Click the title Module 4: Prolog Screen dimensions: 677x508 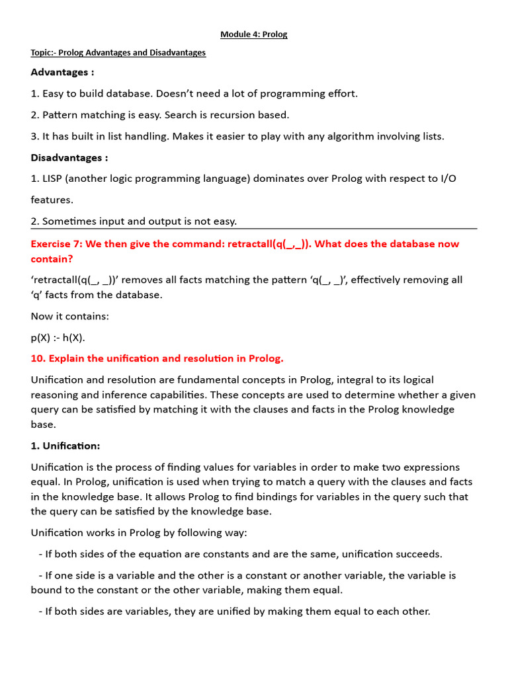pos(254,34)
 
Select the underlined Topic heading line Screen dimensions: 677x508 pos(118,53)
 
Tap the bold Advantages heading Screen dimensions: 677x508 pos(62,72)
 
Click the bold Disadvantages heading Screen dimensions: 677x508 pos(69,158)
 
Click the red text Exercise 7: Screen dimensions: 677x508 pos(58,244)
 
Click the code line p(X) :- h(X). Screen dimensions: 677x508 pos(58,338)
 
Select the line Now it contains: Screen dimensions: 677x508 pos(69,316)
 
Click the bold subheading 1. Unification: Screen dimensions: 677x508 pos(65,446)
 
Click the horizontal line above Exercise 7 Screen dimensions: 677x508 pos(254,229)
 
